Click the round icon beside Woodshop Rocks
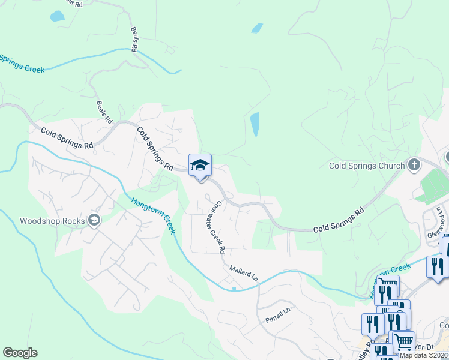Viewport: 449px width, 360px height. [x=94, y=220]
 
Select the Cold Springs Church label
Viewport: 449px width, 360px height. [x=367, y=165]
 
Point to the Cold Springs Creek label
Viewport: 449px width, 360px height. [x=22, y=64]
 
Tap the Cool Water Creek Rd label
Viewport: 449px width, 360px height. [x=216, y=226]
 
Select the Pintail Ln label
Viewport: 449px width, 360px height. [x=277, y=315]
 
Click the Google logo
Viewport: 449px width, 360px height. [x=20, y=353]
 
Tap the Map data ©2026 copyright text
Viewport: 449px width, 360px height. [x=424, y=355]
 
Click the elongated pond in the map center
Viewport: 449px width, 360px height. [x=255, y=124]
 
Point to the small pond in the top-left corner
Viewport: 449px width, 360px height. [x=57, y=16]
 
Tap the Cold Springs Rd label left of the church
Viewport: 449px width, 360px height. [x=339, y=220]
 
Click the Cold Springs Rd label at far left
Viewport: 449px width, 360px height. [x=67, y=138]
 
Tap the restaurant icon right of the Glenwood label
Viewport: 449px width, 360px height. [x=436, y=266]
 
